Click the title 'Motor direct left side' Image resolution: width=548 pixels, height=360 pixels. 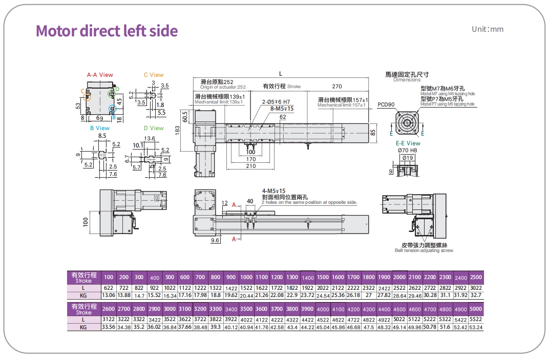point(107,31)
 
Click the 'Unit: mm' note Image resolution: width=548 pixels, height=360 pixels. point(487,29)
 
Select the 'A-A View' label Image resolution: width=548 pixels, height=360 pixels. point(100,75)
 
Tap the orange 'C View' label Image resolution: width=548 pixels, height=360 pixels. point(154,75)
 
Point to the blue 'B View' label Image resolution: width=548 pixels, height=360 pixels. point(100,128)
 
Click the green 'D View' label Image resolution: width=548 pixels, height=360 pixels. point(154,128)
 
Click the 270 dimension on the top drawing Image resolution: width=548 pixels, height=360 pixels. point(336,87)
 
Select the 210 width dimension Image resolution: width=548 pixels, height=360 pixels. point(250,166)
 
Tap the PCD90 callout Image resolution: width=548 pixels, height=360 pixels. point(386,104)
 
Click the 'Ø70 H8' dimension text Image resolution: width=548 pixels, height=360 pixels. point(408,150)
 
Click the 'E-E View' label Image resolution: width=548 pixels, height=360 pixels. point(408,143)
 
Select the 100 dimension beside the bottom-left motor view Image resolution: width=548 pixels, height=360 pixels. point(86,221)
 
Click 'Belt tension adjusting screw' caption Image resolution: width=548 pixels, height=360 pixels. point(424,250)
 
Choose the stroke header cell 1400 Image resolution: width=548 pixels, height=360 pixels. point(307,277)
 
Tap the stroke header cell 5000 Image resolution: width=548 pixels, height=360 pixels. point(475,309)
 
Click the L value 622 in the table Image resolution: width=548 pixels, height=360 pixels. point(109,288)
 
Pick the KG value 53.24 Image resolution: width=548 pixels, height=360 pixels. point(475,327)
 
